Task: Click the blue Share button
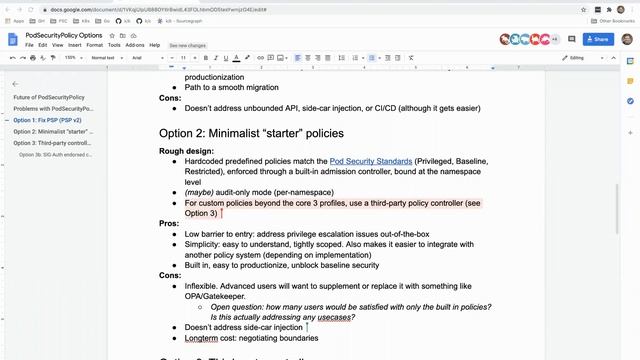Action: pos(596,39)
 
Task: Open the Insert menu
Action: pos(75,45)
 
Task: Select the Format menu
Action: pos(95,45)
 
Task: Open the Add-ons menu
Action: pos(135,45)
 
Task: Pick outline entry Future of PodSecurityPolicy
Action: pos(49,97)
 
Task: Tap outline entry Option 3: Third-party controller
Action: pos(51,143)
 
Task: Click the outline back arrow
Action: pos(15,84)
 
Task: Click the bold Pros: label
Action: pos(169,223)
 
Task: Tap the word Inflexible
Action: pos(207,285)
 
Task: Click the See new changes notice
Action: pos(188,45)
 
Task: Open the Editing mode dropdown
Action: pos(581,58)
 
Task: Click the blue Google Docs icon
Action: pos(13,39)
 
